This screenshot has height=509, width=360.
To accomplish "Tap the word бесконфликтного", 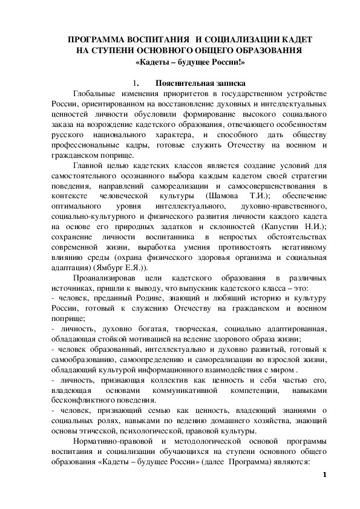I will pyautogui.click(x=88, y=400).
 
